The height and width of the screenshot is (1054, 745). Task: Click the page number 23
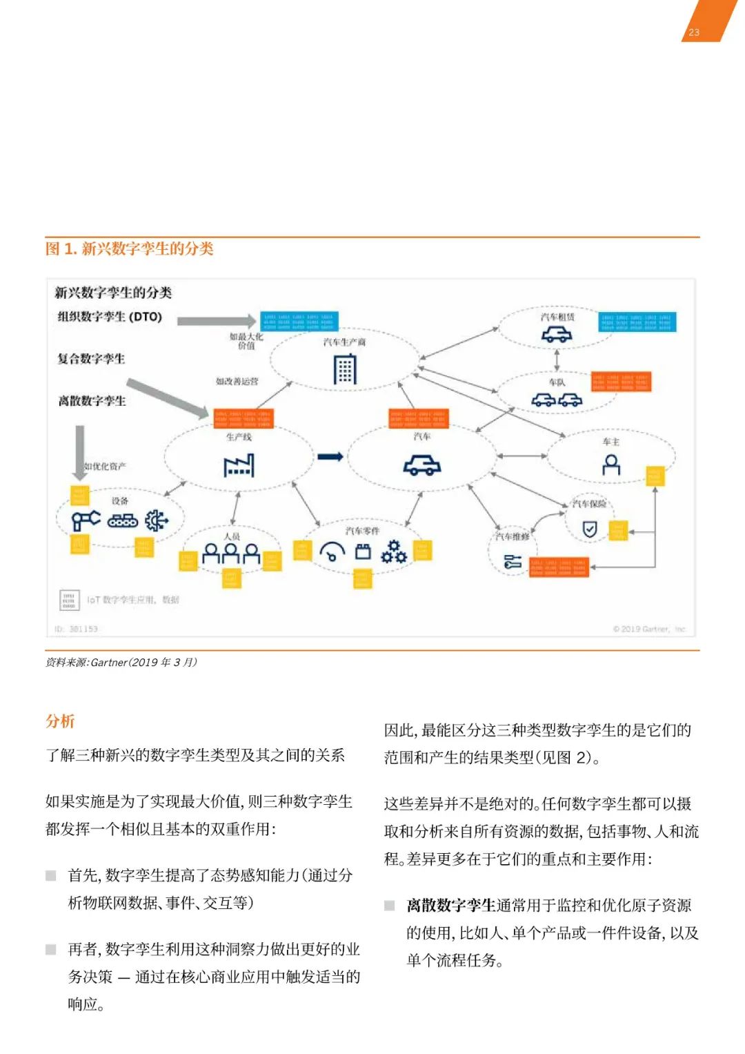[694, 32]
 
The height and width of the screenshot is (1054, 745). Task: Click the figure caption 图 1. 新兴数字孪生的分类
[130, 248]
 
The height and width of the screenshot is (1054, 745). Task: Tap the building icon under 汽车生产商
[345, 369]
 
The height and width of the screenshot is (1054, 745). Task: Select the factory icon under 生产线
[239, 465]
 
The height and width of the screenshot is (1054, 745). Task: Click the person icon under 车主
[611, 465]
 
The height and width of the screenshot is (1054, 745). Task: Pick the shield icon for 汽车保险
[590, 529]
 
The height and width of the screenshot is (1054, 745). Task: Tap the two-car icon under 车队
[557, 400]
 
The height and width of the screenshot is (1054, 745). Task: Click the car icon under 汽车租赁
[557, 335]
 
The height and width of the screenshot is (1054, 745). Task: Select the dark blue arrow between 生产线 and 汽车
[330, 456]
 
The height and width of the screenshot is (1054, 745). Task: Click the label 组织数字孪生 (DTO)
[110, 317]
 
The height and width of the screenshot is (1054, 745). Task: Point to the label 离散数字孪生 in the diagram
[92, 401]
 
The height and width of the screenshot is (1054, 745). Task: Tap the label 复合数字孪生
[91, 359]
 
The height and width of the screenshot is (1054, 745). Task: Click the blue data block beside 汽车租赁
[637, 322]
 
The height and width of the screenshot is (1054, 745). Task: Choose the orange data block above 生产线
[244, 418]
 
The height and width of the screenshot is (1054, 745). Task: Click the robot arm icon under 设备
[86, 520]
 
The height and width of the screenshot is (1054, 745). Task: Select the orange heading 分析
[60, 721]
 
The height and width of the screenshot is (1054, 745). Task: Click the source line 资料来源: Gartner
[121, 663]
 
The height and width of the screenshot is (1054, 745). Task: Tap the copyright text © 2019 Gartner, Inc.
[649, 629]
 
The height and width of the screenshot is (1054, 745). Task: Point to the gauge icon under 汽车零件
[332, 552]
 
